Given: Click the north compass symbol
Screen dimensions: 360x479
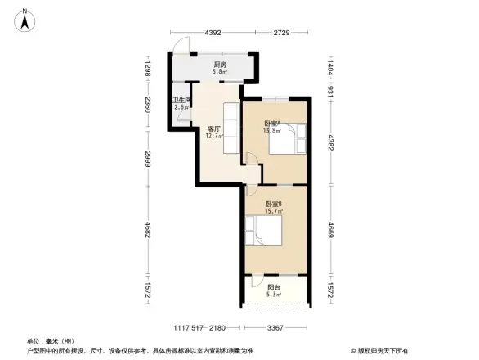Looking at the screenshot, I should [26, 18].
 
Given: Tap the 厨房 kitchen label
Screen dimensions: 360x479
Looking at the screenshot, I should [219, 65].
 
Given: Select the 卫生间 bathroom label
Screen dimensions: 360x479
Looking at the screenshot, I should [181, 101].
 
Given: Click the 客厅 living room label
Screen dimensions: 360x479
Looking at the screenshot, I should [215, 128].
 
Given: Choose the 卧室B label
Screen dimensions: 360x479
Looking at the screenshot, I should [273, 204].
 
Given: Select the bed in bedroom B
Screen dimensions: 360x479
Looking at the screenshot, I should [266, 230].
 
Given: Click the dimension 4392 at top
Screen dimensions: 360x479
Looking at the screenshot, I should [213, 33].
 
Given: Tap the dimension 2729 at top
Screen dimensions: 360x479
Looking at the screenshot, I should [282, 33].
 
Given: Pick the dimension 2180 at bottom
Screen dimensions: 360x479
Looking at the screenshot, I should [216, 327].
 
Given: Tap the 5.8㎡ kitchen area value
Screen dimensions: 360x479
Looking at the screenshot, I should [219, 72].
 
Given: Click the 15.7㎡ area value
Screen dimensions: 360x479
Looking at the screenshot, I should [273, 211].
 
